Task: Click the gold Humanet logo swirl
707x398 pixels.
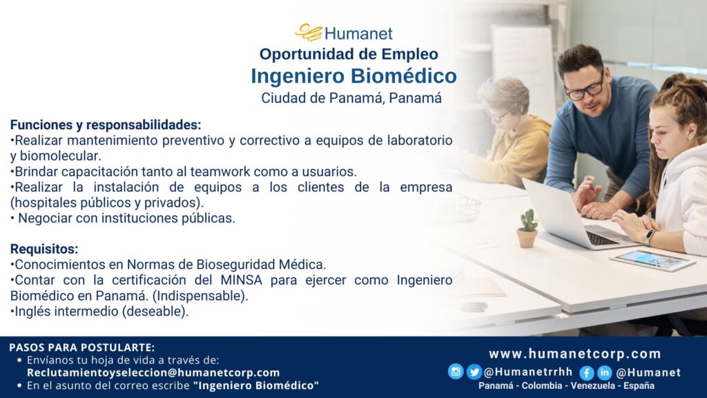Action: point(309,32)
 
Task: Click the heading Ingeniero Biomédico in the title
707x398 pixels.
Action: point(354,76)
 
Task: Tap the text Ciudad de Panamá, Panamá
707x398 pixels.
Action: point(351,98)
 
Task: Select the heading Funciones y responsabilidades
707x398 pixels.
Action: point(106,124)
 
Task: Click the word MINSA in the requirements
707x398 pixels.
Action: point(241,280)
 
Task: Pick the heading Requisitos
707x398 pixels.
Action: point(44,249)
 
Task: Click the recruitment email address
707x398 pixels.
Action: point(153,372)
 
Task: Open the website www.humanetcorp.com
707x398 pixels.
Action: point(575,354)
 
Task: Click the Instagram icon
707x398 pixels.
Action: point(456,371)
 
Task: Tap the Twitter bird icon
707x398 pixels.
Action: point(474,372)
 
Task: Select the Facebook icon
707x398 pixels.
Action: point(586,372)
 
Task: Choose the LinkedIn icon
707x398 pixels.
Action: point(604,372)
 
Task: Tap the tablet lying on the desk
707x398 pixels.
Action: point(652,260)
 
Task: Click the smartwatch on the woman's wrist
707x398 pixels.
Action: point(649,236)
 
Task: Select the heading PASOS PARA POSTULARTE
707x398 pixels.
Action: point(81,348)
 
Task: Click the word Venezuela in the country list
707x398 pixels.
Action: point(592,386)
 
